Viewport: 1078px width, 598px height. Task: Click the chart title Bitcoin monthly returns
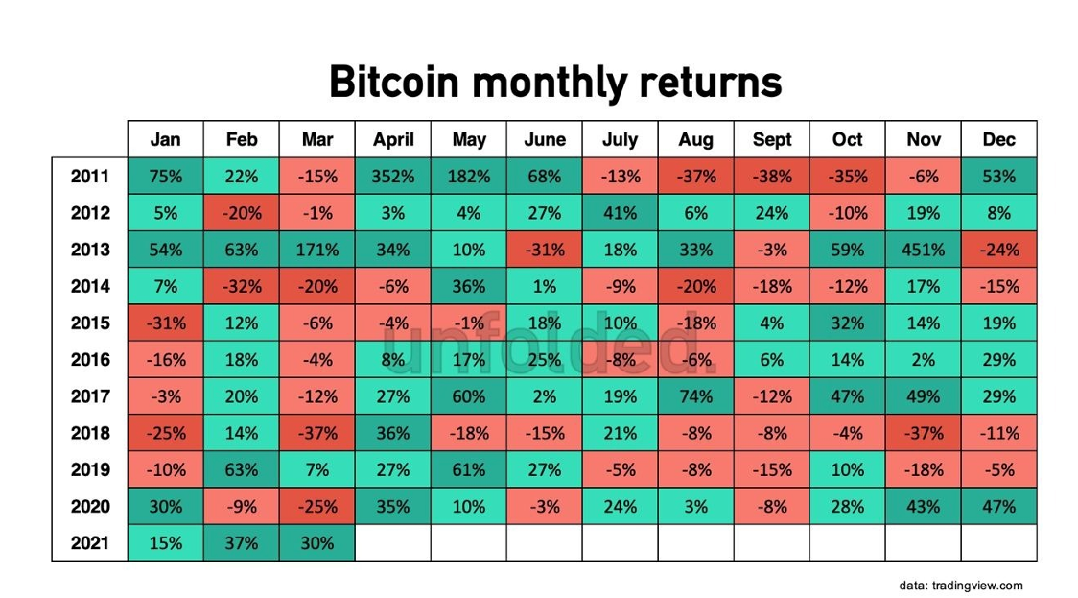pos(555,83)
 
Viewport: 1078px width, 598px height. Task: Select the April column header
pos(393,140)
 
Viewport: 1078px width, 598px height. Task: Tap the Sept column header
pos(772,140)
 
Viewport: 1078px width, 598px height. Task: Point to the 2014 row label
pos(90,286)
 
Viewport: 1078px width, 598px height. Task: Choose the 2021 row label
pos(90,543)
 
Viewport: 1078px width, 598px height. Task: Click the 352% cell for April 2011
pos(393,177)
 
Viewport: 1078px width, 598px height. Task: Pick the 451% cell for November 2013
pos(924,250)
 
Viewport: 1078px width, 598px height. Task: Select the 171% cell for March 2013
pos(317,250)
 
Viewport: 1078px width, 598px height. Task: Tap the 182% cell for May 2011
pos(469,177)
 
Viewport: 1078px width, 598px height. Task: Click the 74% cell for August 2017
pos(695,396)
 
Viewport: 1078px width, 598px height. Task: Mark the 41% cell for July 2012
pos(621,213)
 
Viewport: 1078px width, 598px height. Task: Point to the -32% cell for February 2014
pos(242,286)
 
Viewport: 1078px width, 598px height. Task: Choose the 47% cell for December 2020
pos(999,507)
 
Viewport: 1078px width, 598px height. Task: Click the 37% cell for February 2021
pos(242,543)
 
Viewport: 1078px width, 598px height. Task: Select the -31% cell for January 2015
pos(166,323)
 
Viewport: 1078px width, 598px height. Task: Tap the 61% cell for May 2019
pos(469,469)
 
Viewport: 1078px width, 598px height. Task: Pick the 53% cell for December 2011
pos(999,177)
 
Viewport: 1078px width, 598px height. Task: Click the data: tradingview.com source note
pos(960,586)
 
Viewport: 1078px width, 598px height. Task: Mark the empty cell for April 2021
pos(393,543)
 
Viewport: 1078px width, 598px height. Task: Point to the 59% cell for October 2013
pos(848,250)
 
